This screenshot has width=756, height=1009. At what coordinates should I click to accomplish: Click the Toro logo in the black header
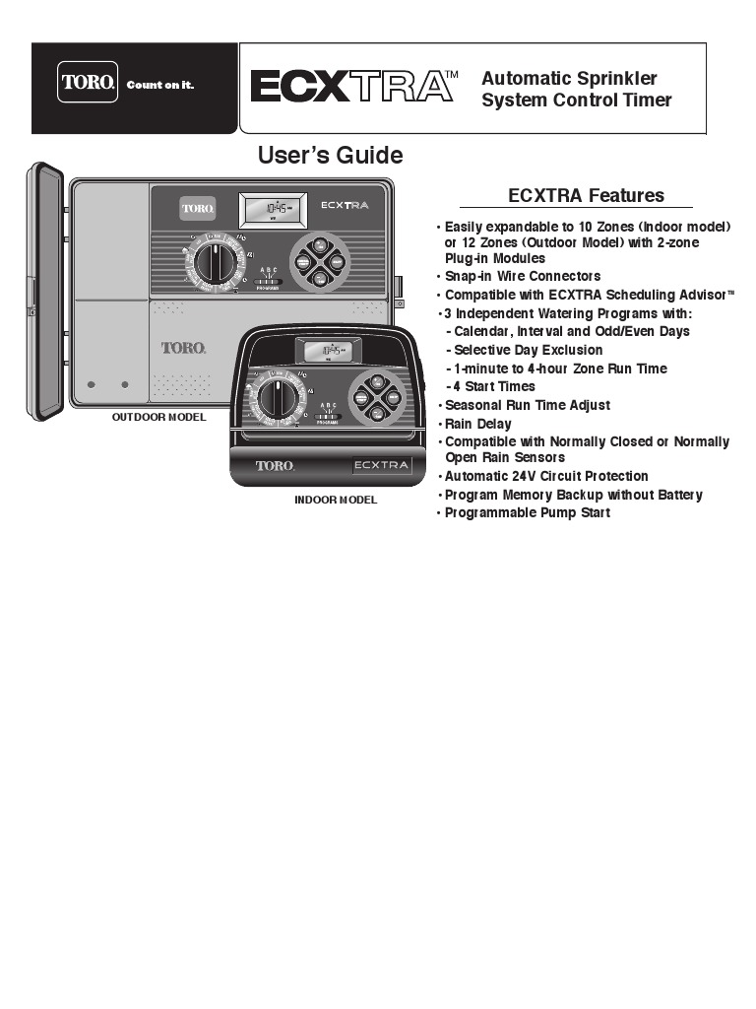click(x=90, y=83)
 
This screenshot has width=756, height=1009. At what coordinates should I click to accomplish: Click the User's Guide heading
click(x=330, y=156)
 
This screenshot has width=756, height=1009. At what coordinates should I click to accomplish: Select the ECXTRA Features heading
click(x=585, y=195)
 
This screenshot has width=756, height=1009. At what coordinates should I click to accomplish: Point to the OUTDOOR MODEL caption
click(x=158, y=417)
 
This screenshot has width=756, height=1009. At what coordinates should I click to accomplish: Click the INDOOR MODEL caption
click(x=335, y=500)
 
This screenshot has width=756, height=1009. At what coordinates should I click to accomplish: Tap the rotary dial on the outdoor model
click(x=212, y=263)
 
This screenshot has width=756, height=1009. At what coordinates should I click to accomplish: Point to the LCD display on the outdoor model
click(x=273, y=209)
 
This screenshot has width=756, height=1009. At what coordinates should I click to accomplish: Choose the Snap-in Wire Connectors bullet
click(x=522, y=276)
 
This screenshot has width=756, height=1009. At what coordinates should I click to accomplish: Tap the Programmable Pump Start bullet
click(x=527, y=512)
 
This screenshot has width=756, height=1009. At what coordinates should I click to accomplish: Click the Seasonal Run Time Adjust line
click(x=527, y=405)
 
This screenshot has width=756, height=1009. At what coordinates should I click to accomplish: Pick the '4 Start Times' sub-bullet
click(x=494, y=386)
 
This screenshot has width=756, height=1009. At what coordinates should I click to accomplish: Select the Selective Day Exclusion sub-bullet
click(x=528, y=350)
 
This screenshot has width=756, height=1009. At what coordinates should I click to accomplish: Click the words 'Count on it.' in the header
click(x=159, y=85)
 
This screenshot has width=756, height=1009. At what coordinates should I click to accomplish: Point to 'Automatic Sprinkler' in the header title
click(x=569, y=78)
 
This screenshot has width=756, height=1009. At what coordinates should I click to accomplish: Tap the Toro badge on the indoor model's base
click(x=275, y=465)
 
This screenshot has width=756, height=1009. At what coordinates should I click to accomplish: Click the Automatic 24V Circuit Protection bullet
click(x=546, y=476)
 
